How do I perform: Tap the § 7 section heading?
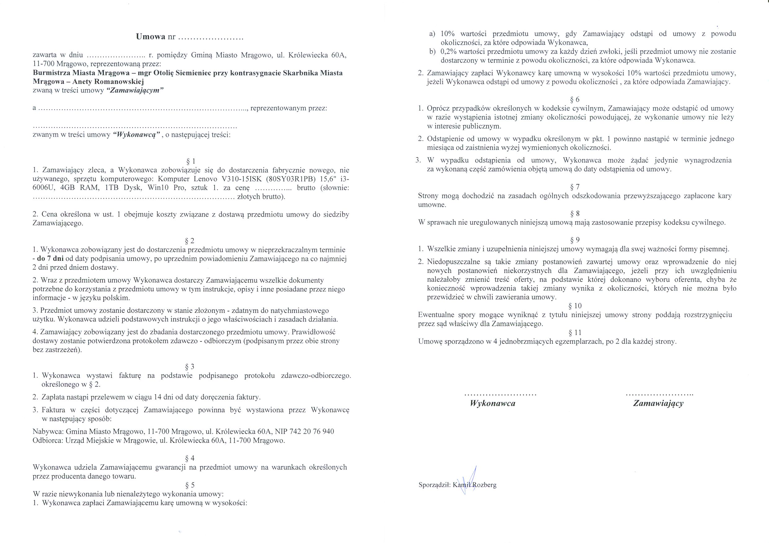point(575,187)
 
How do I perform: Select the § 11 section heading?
point(575,333)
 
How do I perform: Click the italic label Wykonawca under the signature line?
point(492,404)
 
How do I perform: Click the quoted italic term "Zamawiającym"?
point(135,90)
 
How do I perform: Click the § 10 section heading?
point(575,306)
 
